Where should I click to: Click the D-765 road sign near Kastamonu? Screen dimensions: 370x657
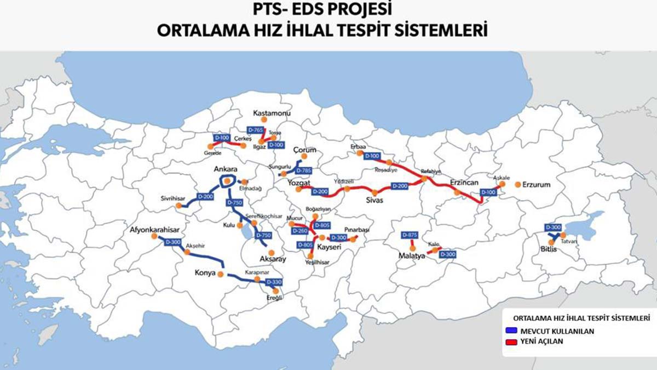[x=255, y=130]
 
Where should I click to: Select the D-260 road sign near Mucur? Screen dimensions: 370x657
[x=300, y=231]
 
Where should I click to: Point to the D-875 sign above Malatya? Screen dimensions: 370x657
[x=410, y=235]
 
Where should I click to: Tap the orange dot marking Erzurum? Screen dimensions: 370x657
[x=517, y=185]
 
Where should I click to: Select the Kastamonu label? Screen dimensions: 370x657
[x=271, y=113]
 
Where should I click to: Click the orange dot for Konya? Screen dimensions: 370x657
[x=221, y=274]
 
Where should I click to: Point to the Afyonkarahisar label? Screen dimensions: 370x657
[x=155, y=229]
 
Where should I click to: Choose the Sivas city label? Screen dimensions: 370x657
[x=375, y=201]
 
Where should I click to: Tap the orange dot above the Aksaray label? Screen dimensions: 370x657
[x=271, y=252]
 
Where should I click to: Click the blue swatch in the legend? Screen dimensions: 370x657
[x=510, y=331]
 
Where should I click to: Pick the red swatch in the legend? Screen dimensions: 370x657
[x=510, y=341]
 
